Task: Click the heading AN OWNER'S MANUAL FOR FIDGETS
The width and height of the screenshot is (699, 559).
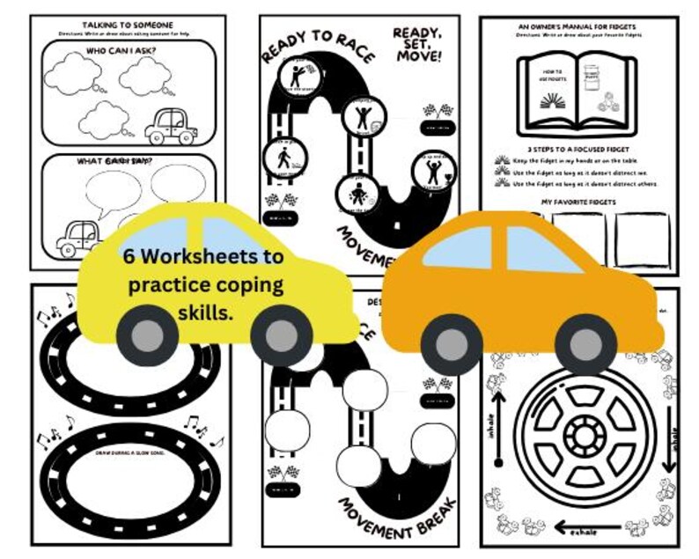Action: coord(578,27)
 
